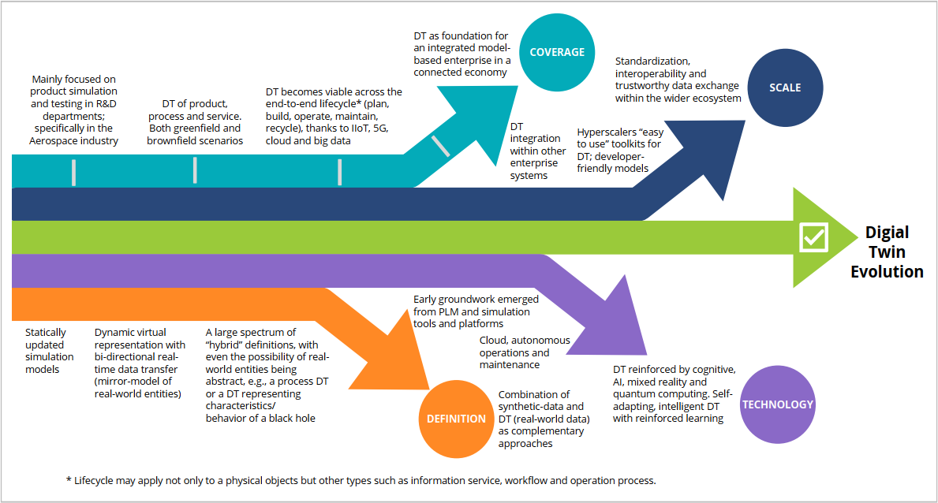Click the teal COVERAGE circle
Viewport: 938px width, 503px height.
[557, 53]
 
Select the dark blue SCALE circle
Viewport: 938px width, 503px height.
[784, 88]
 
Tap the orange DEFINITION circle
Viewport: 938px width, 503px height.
[457, 419]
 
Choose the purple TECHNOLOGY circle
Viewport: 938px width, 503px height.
[777, 404]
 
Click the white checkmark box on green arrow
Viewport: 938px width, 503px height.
[813, 237]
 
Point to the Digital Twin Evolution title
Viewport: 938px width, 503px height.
[887, 252]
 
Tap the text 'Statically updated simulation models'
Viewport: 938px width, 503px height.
[49, 351]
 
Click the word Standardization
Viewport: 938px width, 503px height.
[652, 61]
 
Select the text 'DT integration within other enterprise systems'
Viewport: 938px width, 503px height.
[537, 151]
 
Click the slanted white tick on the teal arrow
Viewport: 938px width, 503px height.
[440, 146]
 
